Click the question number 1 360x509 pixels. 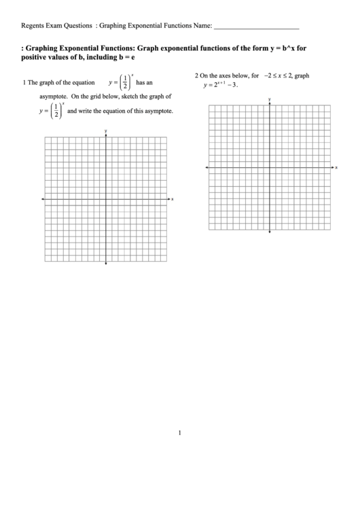click(x=24, y=82)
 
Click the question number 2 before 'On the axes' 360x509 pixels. click(x=196, y=76)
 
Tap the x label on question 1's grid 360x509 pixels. click(x=173, y=199)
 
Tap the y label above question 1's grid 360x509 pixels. click(x=106, y=129)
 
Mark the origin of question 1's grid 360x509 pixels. click(x=106, y=198)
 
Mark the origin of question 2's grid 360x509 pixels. click(x=270, y=167)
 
